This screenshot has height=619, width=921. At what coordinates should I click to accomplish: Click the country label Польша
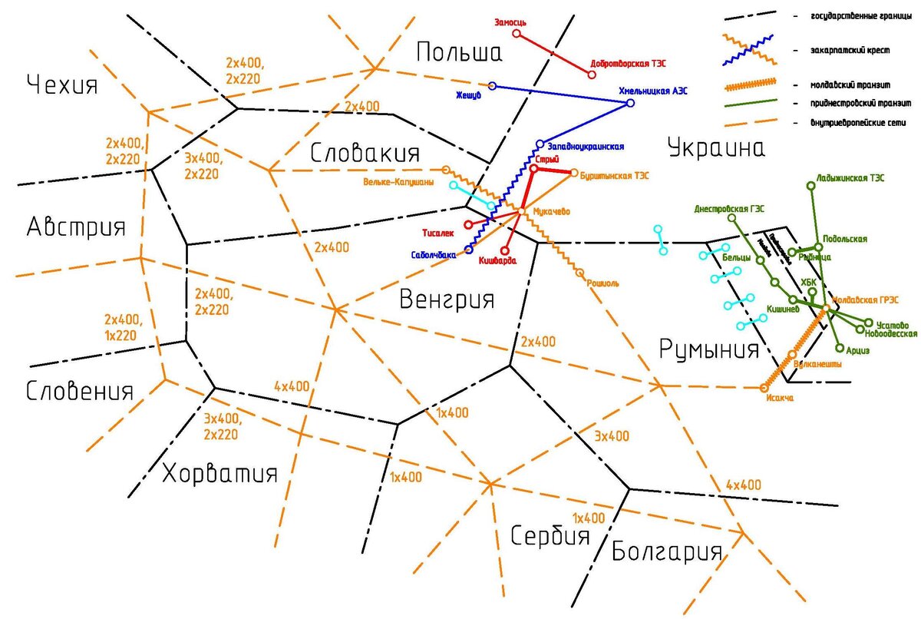click(459, 52)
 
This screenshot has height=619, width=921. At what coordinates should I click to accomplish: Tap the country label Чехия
click(62, 84)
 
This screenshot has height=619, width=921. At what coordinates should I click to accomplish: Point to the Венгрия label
click(447, 299)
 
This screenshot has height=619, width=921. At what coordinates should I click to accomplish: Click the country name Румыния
click(709, 350)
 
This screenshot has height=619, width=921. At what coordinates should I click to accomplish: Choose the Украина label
click(716, 147)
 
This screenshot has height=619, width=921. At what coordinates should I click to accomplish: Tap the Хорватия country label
click(220, 473)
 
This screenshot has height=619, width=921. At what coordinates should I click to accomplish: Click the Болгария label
click(667, 551)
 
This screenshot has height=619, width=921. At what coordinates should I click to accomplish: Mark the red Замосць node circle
click(517, 34)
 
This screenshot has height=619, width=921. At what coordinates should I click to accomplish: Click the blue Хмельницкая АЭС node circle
click(631, 103)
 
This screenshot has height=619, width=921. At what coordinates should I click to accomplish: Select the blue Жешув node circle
click(492, 86)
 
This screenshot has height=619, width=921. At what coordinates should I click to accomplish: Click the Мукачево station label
click(551, 211)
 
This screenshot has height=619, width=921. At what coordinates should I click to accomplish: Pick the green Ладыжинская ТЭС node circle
click(811, 185)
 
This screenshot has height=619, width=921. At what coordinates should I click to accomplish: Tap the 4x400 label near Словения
click(292, 386)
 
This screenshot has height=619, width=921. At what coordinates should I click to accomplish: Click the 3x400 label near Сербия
click(612, 436)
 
